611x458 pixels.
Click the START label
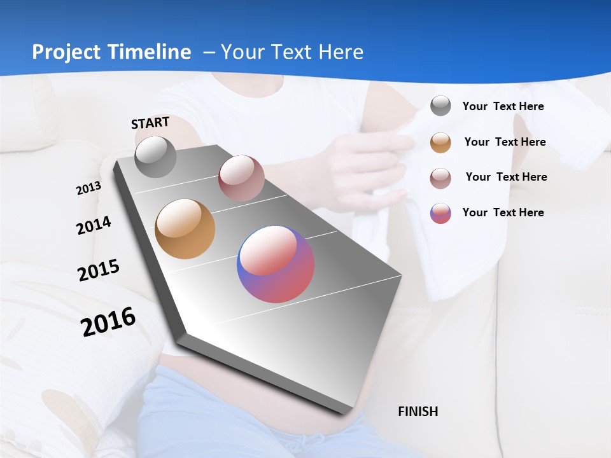coord(150,123)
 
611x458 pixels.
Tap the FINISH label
coord(418,412)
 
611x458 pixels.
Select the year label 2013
coord(88,188)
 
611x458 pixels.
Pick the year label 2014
coord(94,226)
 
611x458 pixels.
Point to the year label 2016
coord(108,322)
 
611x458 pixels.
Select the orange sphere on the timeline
coord(185,229)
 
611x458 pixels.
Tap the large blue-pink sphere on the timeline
coord(276,264)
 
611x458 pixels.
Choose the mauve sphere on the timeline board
coord(241,178)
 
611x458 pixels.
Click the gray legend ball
coord(440,106)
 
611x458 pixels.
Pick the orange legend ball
coord(440,142)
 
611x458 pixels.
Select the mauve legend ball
coord(440,178)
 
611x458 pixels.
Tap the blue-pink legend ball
coord(440,213)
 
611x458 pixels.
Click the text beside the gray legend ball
coord(503,107)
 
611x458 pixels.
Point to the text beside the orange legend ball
coord(505,142)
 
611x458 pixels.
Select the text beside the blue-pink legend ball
coord(503,212)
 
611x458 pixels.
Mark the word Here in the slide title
coord(341,52)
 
